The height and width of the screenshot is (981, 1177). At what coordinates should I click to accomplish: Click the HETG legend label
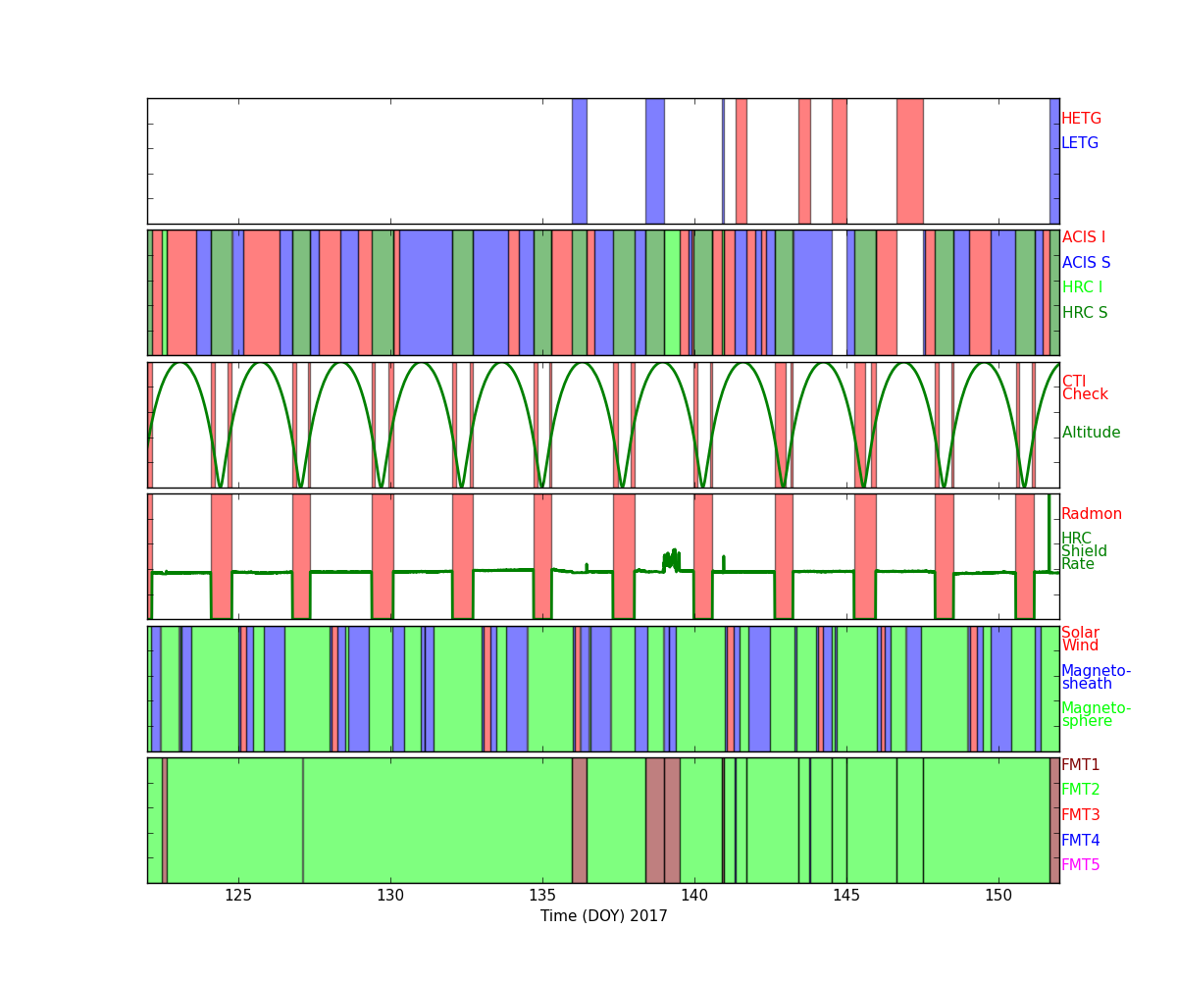pos(1081,119)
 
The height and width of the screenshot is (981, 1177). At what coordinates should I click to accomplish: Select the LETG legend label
pos(1080,142)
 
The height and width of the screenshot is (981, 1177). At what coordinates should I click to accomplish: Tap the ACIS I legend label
pos(1084,236)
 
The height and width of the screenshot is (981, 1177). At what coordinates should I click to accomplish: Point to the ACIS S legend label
pos(1086,262)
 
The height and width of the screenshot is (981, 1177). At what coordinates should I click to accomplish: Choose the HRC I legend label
pos(1082,287)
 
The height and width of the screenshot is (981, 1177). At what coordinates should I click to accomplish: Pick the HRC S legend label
pos(1085,312)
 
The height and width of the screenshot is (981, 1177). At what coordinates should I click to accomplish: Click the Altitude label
pos(1091,433)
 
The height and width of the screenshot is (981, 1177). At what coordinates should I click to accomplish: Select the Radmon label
pos(1092,514)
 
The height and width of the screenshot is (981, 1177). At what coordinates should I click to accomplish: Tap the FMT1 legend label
pos(1080,764)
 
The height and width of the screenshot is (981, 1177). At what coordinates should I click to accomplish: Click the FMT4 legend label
pos(1080,840)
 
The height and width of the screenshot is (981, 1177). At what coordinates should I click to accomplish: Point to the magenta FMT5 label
pos(1080,864)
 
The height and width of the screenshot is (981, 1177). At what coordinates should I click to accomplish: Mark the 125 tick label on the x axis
pos(238,896)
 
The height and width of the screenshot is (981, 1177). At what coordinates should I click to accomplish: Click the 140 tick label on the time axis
pos(694,896)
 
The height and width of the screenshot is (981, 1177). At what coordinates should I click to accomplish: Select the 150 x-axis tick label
pos(998,896)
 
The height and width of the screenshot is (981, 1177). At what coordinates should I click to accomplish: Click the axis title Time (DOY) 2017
pos(604,916)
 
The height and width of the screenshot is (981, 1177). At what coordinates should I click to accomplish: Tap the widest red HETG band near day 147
pos(910,161)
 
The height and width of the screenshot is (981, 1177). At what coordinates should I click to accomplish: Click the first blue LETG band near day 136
pos(580,161)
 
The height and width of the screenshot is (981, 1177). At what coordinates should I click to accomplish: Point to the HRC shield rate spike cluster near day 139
pos(671,560)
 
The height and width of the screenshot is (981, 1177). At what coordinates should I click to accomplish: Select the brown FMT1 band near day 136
pos(580,820)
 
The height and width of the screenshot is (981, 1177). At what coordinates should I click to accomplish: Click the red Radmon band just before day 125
pos(222,556)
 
